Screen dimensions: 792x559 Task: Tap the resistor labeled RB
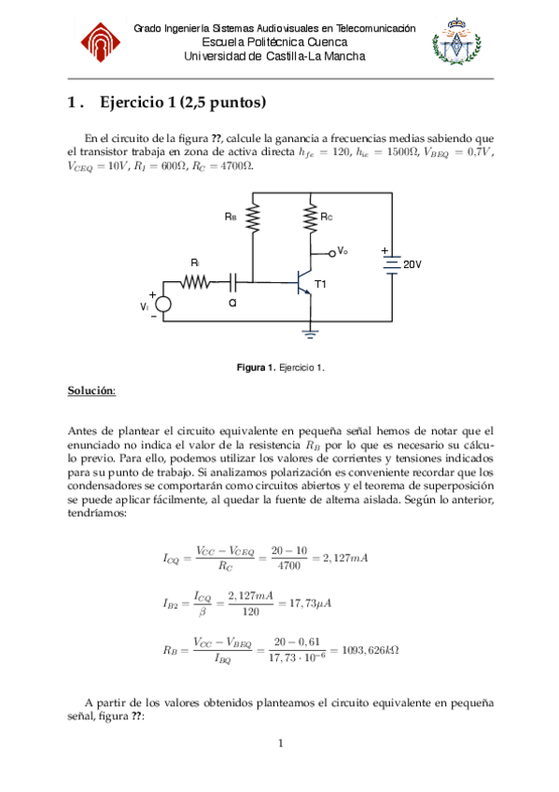point(253,218)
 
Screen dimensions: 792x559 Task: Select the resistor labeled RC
point(309,218)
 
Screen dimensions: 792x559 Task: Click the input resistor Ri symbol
point(196,280)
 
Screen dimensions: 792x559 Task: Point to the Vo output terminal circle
point(333,252)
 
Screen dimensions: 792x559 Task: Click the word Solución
point(91,389)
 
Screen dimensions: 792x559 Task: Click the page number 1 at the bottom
point(279,743)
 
